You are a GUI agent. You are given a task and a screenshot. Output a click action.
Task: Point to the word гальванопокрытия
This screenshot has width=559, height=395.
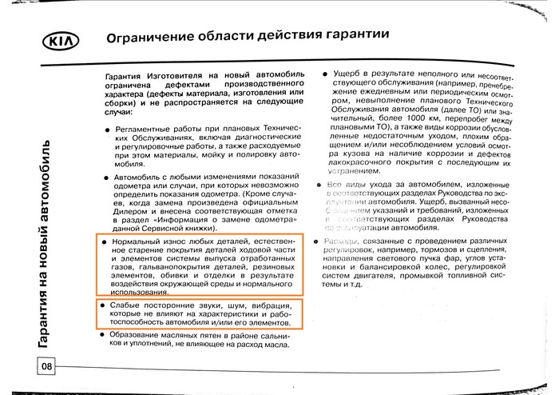point(172,261)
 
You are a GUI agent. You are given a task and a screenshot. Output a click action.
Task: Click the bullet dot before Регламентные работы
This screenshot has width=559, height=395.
point(105,129)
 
